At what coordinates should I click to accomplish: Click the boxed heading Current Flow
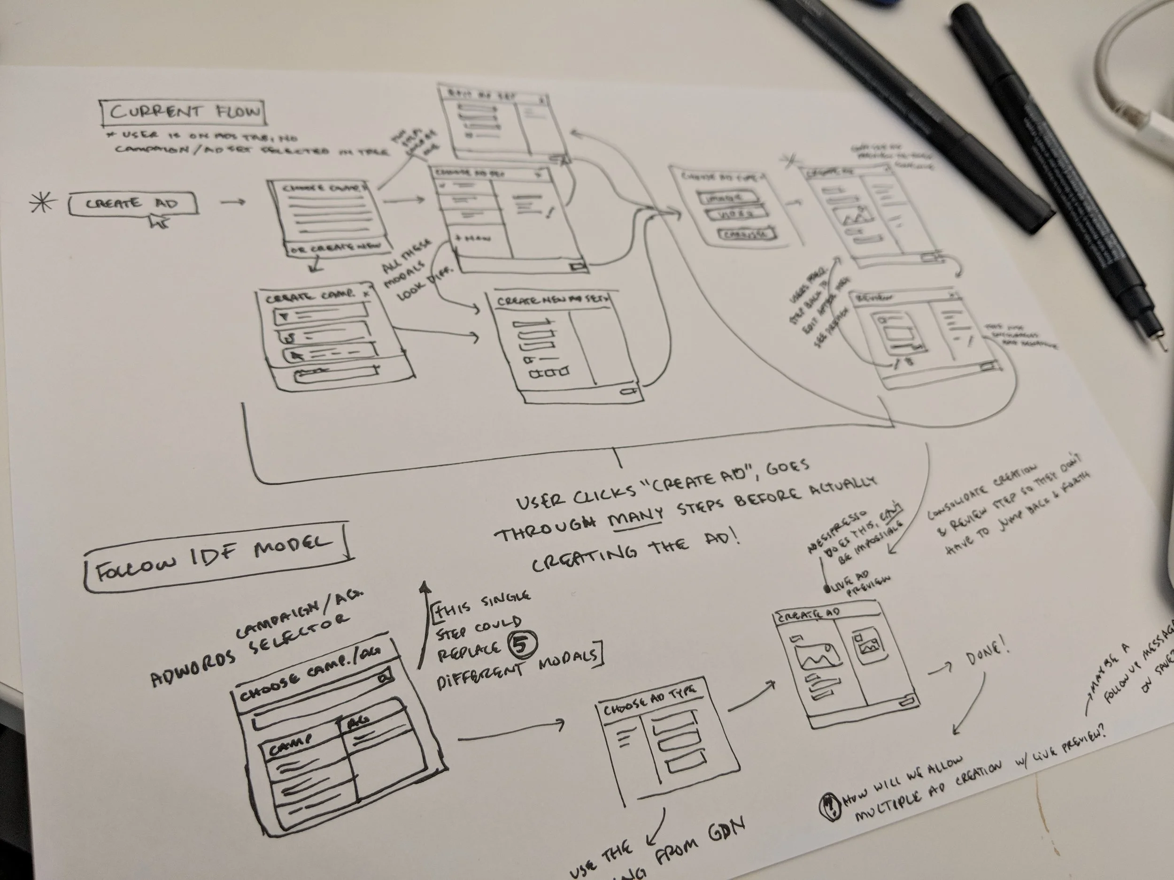(x=184, y=112)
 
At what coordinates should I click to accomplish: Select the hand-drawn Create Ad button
(x=133, y=204)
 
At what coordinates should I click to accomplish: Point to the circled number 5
(x=523, y=643)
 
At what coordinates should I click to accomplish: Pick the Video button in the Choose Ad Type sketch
(x=735, y=215)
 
